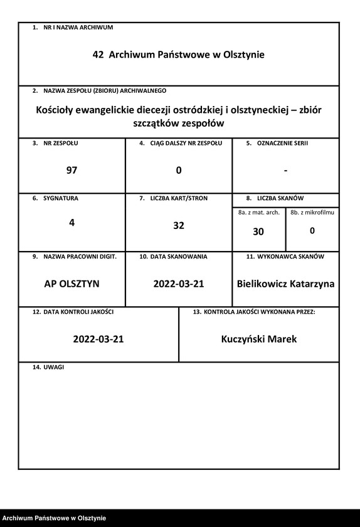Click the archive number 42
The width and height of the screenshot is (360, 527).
[x=98, y=55]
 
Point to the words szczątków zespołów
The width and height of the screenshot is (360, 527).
[x=179, y=124]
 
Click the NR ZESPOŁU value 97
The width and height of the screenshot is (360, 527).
[x=71, y=170]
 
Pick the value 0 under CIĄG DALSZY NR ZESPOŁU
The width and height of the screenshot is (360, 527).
[x=179, y=170]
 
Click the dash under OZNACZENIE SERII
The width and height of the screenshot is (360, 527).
[x=285, y=170]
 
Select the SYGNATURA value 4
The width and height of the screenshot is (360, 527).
[x=71, y=221]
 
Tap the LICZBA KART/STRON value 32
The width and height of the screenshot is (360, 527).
[x=179, y=226]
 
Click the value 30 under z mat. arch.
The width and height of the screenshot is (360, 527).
[x=258, y=232]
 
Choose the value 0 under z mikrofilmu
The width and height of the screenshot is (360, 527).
[x=312, y=231]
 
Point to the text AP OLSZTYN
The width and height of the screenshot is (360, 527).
[x=71, y=284]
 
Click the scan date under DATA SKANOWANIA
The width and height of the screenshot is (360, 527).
[x=179, y=284]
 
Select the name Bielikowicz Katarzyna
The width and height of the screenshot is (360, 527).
[x=285, y=284]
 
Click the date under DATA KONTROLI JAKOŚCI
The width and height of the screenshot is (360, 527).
[x=98, y=339]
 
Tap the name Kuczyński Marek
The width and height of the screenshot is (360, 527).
[x=259, y=339]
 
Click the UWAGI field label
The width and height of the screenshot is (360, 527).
[x=53, y=367]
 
